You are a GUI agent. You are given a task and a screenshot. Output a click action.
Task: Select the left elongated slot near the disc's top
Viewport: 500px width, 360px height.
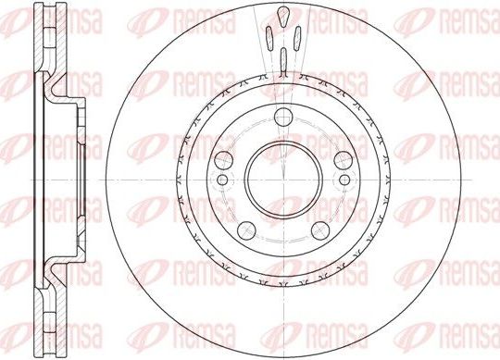[267, 41]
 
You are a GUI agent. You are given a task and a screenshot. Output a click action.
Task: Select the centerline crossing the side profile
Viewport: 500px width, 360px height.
[56, 180]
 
